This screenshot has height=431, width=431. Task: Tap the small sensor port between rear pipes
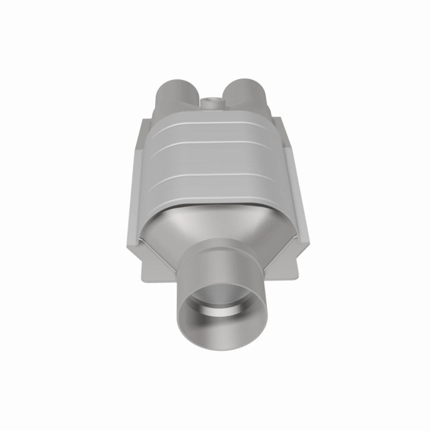click(x=211, y=104)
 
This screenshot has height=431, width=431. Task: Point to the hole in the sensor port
click(x=211, y=100)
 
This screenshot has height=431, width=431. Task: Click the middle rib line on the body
click(x=211, y=143)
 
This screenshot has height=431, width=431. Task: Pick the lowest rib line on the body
click(x=211, y=175)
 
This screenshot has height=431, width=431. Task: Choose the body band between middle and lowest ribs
click(x=211, y=159)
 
